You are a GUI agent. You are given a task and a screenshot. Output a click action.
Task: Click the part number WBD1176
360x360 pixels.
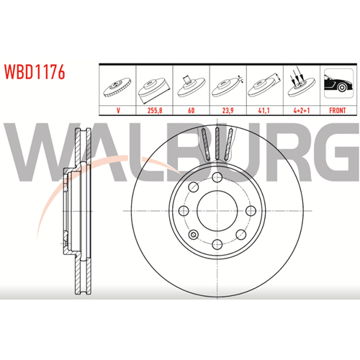pos(35,72)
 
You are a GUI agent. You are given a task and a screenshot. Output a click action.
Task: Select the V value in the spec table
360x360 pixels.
pos(118,110)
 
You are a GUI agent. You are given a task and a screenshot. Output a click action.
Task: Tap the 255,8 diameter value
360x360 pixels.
pos(155,110)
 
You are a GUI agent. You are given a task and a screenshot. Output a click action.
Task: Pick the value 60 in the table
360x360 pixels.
pos(192,110)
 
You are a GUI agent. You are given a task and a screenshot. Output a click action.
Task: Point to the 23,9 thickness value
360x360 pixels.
pos(228,110)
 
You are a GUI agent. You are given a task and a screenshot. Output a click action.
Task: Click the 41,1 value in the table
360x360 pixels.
pos(264,110)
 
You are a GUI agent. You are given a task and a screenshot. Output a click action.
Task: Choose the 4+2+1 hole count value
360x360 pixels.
pos(302,110)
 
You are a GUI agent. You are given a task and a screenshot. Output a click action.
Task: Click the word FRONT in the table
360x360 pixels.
pos(338,110)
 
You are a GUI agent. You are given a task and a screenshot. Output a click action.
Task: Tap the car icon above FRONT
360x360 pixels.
pos(338,83)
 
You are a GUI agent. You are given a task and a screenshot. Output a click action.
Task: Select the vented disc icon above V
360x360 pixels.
pos(117,87)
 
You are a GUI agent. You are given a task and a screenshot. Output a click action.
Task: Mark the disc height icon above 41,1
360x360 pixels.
pos(264,85)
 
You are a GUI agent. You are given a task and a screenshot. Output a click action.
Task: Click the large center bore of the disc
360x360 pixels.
pos(217,211)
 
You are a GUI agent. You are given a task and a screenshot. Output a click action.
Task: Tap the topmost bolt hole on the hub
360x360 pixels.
pos(217,177)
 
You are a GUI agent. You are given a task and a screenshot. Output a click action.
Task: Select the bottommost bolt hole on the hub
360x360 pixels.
pos(217,244)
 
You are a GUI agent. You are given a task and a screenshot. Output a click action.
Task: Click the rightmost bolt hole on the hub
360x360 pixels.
pos(251,211)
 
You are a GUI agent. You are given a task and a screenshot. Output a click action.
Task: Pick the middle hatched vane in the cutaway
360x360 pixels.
pos(217,143)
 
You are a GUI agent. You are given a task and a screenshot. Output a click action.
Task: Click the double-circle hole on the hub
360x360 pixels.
pos(194,235)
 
